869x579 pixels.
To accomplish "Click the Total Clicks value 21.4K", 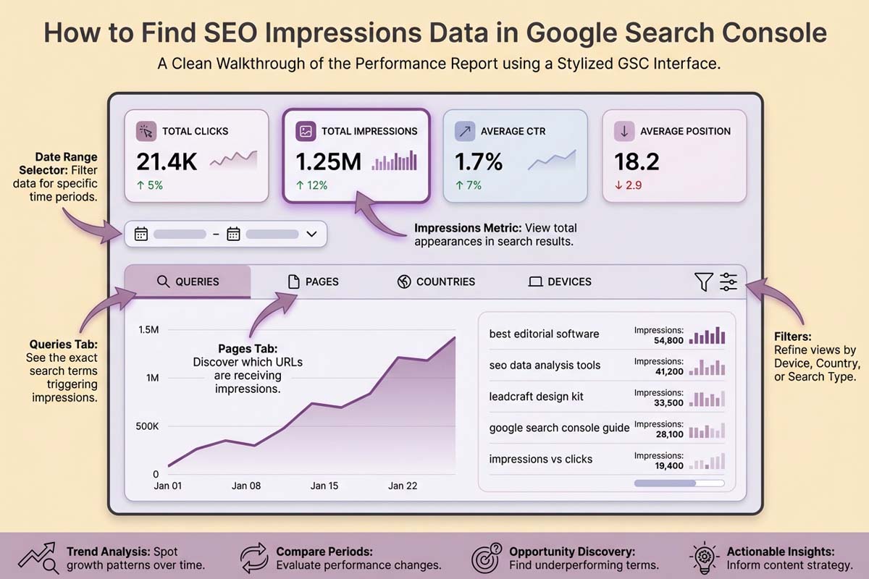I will (167, 161).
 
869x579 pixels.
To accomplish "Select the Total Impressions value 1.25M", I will (328, 161).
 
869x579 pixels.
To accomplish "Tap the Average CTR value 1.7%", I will (479, 161).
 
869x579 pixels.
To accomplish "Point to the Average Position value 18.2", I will (637, 161).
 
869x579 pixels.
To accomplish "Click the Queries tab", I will (188, 282).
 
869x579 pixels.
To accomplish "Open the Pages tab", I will (314, 282).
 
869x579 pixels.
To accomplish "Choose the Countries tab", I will (437, 282).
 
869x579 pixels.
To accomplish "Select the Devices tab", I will (560, 282).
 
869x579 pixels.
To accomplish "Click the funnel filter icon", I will (703, 282).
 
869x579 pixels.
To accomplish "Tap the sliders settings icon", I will (729, 282).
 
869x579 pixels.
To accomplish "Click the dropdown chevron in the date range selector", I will (312, 234).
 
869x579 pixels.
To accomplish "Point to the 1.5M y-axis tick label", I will (148, 330).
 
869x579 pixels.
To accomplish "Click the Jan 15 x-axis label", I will (324, 486).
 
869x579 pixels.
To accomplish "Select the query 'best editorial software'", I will (544, 334).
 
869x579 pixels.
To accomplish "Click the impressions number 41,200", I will (668, 371).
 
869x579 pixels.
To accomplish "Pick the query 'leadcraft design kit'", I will (536, 397).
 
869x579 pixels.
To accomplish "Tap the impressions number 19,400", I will (668, 465).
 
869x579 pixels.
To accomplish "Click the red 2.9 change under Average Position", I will (629, 185).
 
